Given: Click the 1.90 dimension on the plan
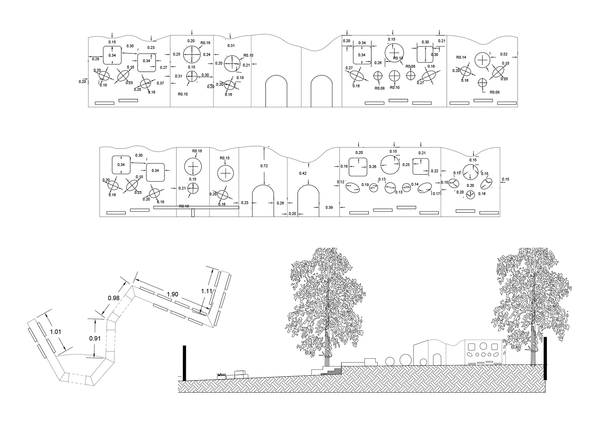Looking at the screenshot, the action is click(x=172, y=294).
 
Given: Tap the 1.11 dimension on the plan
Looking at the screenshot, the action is click(x=206, y=291).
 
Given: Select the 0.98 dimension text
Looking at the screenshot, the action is click(x=114, y=298).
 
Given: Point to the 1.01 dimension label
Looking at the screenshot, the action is click(x=56, y=332).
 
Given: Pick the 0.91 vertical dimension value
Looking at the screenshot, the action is click(x=95, y=338).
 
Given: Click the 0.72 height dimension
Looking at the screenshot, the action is click(x=264, y=166).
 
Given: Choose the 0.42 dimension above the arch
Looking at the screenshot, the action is click(x=303, y=173).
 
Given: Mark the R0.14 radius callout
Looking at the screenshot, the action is click(x=461, y=57).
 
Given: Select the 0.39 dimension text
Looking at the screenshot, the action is click(x=329, y=207).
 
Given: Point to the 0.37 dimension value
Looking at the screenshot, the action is click(x=160, y=83).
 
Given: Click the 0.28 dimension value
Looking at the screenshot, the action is click(x=96, y=59).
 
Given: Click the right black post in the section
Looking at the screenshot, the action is click(x=545, y=358).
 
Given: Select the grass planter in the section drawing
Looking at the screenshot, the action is click(x=221, y=376).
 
